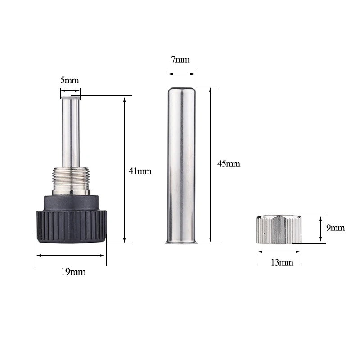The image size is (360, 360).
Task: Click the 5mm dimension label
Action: [x=70, y=80]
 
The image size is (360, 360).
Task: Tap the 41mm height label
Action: [x=140, y=171]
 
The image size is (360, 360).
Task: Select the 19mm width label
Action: [x=73, y=272]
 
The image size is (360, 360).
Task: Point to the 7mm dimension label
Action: [x=180, y=59]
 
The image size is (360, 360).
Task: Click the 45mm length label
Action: [x=229, y=164]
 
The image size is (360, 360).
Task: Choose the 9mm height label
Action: [x=335, y=228]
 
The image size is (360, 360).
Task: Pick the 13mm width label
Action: [x=282, y=262]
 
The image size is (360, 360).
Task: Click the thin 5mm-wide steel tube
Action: [x=71, y=132]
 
